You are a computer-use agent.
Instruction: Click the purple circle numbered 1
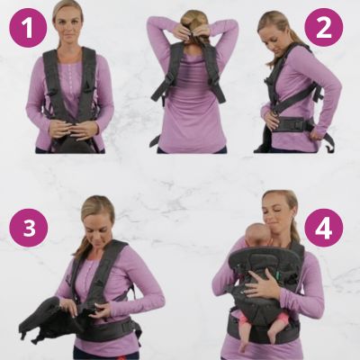click(28, 29)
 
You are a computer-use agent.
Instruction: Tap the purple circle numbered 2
click(323, 27)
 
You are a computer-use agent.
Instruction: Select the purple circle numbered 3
click(29, 228)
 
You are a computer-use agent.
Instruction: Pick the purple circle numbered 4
click(324, 228)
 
